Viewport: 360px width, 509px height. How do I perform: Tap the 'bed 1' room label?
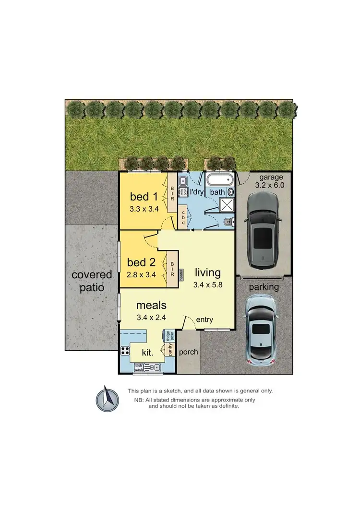click(144, 197)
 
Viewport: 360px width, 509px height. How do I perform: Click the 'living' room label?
click(207, 273)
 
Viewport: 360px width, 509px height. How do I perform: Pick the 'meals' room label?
click(151, 305)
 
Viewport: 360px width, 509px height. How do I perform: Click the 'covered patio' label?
click(92, 281)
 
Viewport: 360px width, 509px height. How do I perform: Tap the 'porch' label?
click(188, 352)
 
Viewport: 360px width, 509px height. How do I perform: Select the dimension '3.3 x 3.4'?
click(144, 209)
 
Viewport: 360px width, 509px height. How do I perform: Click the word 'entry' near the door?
click(204, 320)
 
